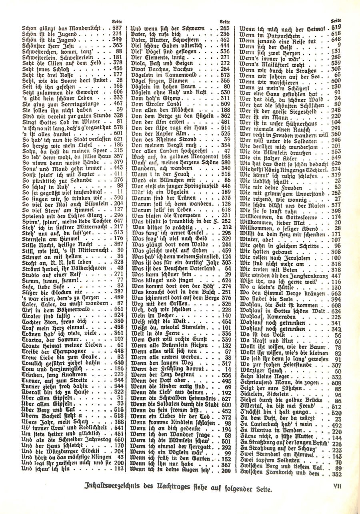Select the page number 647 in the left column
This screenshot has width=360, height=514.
(x=118, y=220)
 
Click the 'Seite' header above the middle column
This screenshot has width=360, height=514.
(x=226, y=21)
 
